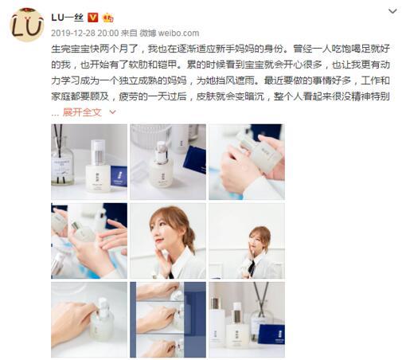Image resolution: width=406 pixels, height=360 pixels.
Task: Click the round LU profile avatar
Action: (26, 25)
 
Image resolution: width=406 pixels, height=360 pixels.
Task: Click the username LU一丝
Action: (67, 18)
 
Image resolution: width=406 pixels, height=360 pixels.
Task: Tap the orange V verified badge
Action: (93, 18)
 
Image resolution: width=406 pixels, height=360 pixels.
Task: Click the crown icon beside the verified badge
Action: (108, 18)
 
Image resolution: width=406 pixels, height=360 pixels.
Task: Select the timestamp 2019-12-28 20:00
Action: (85, 33)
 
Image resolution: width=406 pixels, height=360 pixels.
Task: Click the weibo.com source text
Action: (178, 33)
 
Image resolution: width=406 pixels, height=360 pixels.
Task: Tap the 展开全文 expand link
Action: (82, 112)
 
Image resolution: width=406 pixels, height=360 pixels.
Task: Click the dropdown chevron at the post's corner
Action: (392, 11)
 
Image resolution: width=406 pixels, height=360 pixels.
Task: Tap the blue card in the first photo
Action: (119, 177)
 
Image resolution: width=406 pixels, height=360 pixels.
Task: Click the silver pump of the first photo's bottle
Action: (98, 153)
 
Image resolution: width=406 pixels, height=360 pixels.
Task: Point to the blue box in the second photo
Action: (196, 160)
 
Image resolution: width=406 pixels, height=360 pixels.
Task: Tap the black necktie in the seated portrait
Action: (252, 268)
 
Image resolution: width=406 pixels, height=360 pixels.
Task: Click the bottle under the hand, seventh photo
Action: (102, 320)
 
